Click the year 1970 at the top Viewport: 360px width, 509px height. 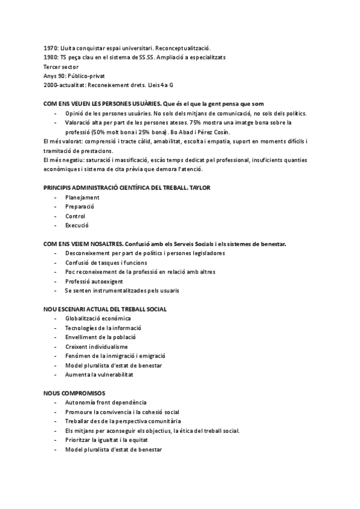(x=51, y=47)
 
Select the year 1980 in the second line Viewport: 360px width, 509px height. (x=51, y=57)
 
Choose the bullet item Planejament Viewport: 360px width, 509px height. (x=83, y=197)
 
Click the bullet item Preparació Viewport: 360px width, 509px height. (x=80, y=206)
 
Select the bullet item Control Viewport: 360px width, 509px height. (x=76, y=216)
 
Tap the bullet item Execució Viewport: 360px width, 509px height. (x=77, y=226)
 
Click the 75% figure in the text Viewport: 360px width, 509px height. (x=196, y=122)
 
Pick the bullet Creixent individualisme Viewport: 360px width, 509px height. (x=97, y=346)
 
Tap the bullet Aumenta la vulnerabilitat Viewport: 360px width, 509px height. (x=99, y=375)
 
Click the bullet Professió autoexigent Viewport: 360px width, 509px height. (x=94, y=282)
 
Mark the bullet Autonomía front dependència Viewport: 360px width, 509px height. (x=106, y=402)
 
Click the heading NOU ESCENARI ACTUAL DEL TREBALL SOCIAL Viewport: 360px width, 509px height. (x=105, y=309)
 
